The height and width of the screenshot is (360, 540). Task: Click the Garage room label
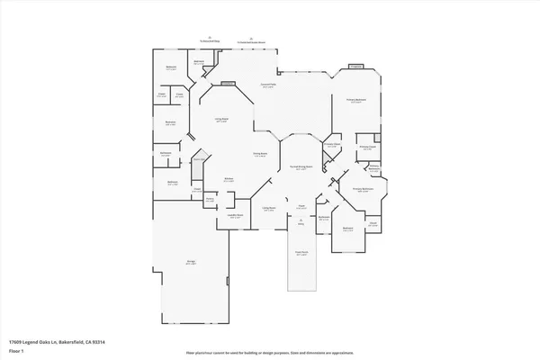pyautogui.click(x=191, y=262)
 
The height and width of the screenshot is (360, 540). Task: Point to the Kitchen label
pyautogui.click(x=229, y=180)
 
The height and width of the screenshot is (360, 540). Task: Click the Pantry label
pyautogui.click(x=210, y=199)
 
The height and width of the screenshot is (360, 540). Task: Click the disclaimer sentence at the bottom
pyautogui.click(x=270, y=352)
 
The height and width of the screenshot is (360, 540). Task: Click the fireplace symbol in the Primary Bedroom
pyautogui.click(x=355, y=67)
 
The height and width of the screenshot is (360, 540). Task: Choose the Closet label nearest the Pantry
pyautogui.click(x=195, y=190)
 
